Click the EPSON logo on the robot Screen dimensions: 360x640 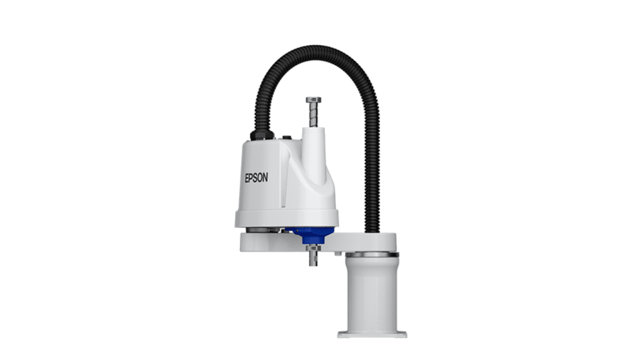(x=256, y=177)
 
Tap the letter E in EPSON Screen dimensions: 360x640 (x=247, y=177)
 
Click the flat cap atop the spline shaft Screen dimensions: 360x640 (x=314, y=100)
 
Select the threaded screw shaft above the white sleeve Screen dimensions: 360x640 (x=314, y=116)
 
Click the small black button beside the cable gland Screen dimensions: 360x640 (x=287, y=138)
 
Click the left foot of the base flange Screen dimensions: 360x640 (x=344, y=333)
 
